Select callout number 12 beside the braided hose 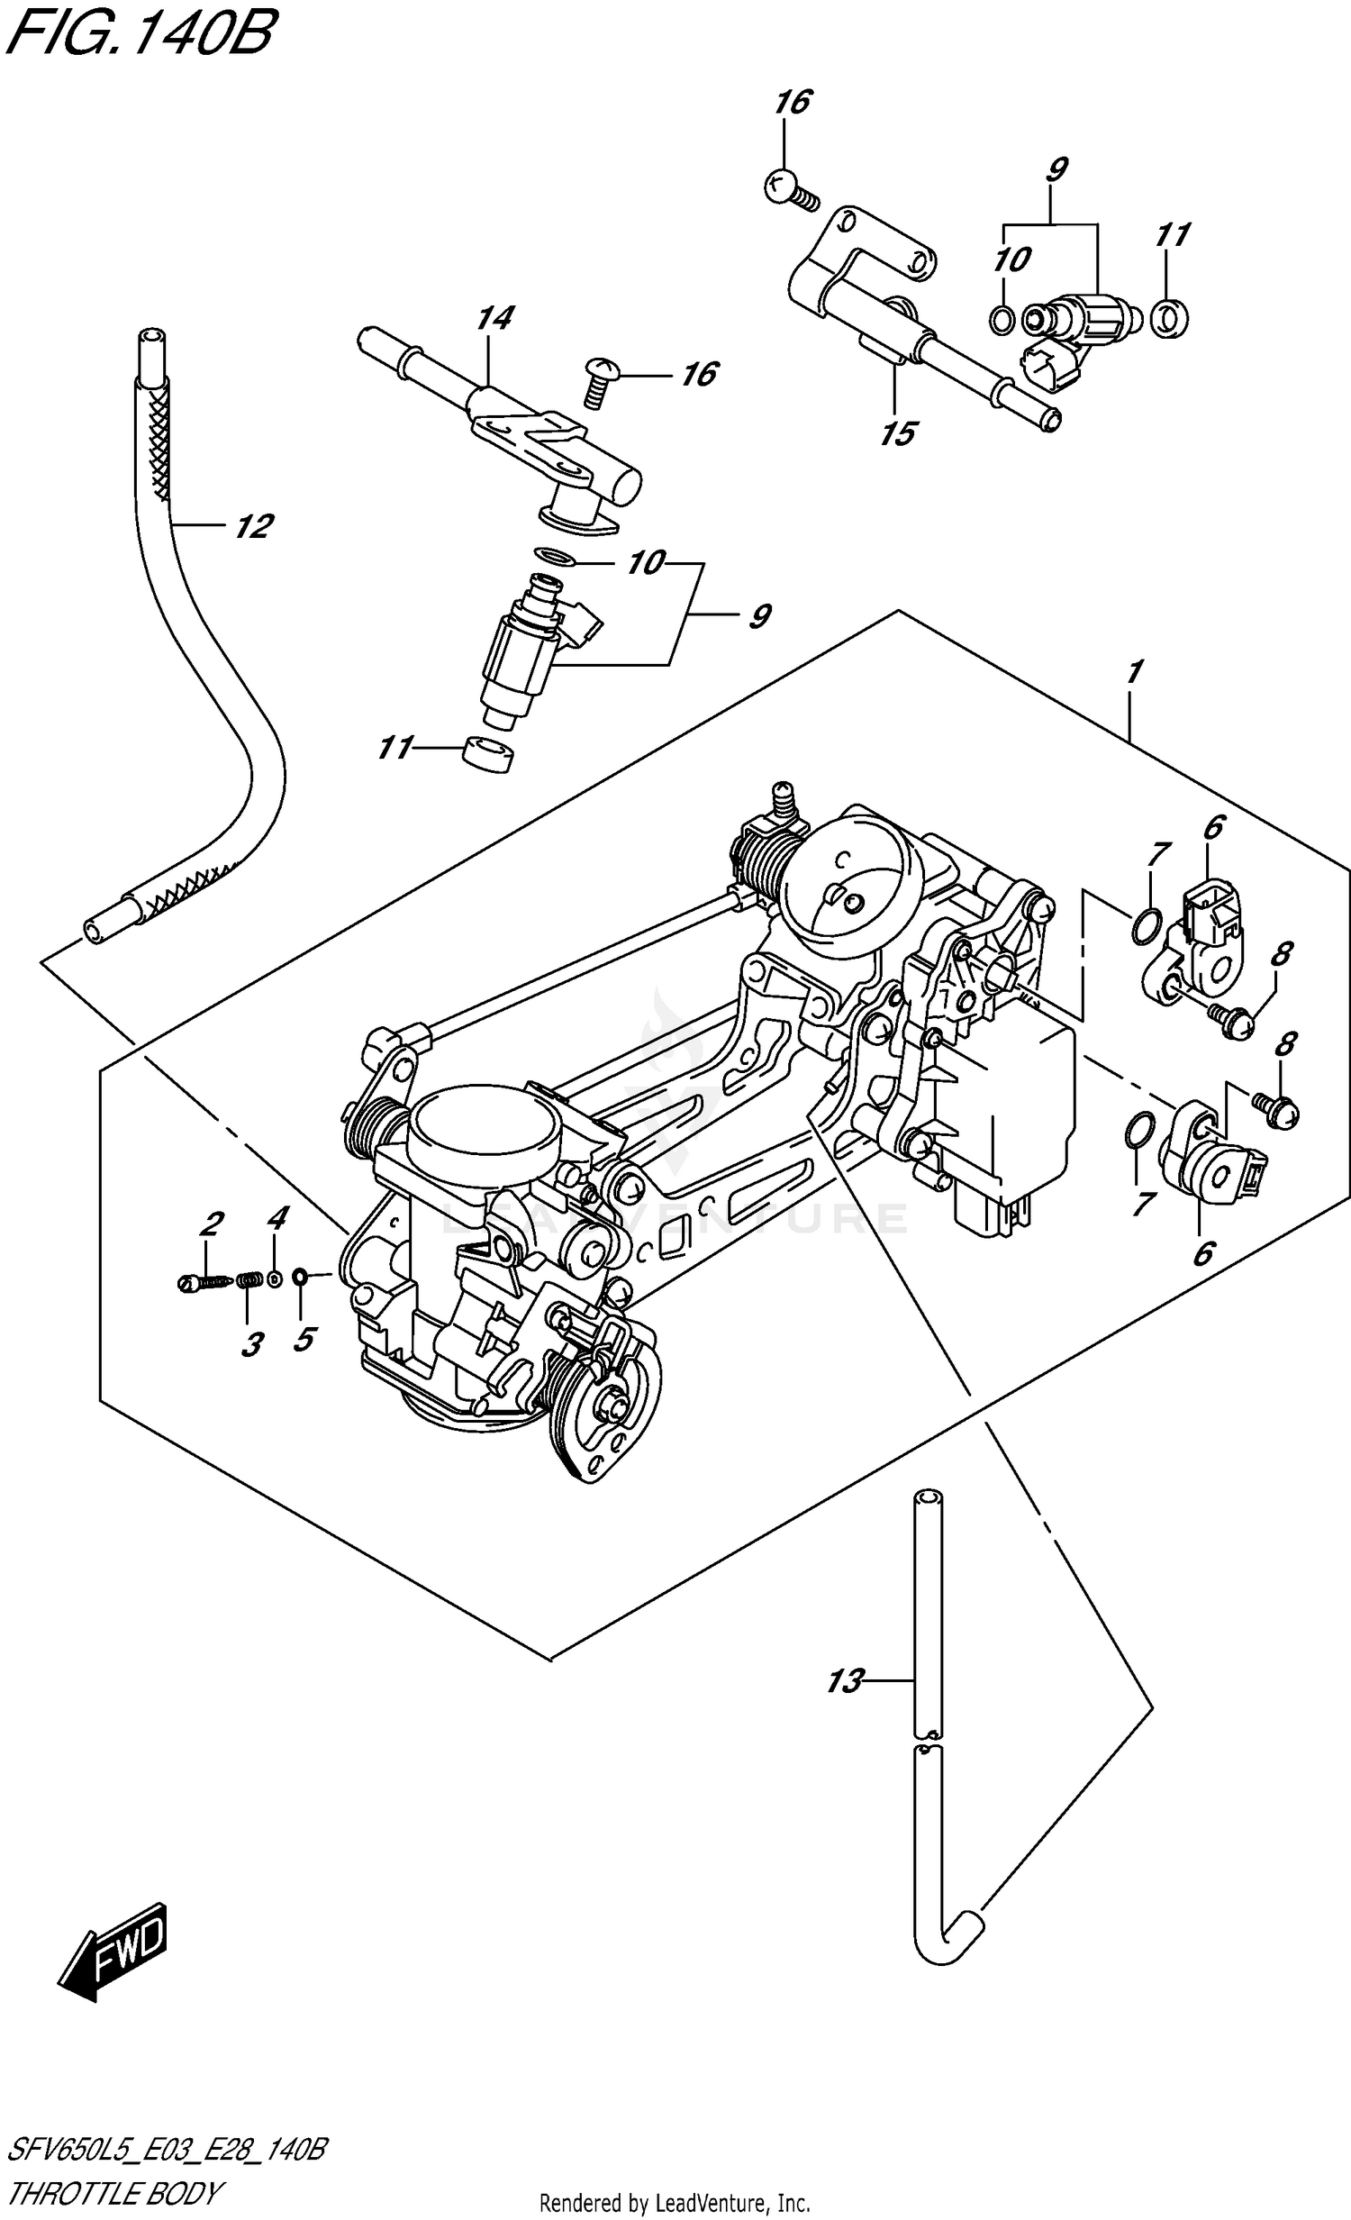[x=253, y=526]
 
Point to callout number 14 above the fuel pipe [x=495, y=318]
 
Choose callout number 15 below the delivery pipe [x=898, y=434]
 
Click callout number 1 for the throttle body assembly [x=1134, y=671]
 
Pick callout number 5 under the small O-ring [x=304, y=1339]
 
